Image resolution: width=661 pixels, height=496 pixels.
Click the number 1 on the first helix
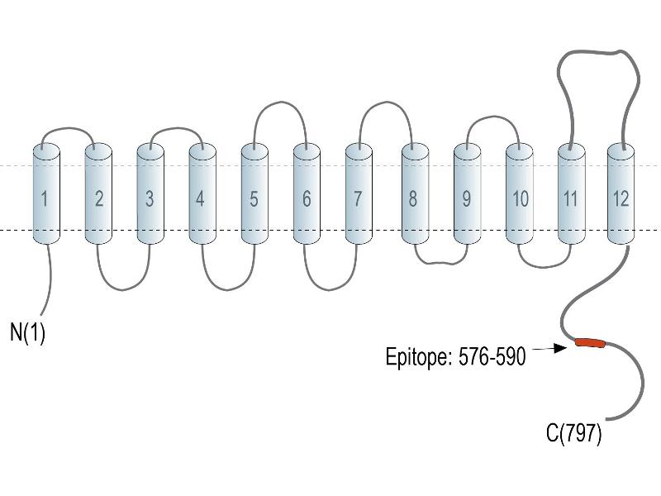pos(45,198)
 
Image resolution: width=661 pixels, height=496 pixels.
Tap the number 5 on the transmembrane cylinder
pos(254,198)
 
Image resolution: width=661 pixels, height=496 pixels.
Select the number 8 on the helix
pos(412,198)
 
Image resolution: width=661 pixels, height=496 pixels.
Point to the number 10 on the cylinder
pos(521,198)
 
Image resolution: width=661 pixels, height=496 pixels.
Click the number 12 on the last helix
pos(621,198)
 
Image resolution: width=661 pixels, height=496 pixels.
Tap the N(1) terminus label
pos(27,332)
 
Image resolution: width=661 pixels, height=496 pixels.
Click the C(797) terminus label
pos(573,433)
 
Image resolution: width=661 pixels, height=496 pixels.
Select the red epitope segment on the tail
pos(590,342)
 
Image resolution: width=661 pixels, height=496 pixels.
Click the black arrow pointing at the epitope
pos(549,348)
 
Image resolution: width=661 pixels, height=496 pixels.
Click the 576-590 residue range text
pos(492,356)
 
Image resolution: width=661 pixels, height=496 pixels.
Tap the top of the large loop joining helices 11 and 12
pos(598,52)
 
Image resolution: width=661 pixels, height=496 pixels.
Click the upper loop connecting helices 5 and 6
pos(280,102)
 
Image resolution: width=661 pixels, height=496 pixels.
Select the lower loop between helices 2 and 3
pos(122,290)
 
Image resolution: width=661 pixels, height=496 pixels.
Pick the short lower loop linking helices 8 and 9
pos(440,263)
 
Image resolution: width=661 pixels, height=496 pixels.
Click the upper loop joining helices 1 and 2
pos(68,128)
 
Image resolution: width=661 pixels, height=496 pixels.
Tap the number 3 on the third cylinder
pos(150,198)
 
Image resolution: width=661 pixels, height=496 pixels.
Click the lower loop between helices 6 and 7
pos(330,290)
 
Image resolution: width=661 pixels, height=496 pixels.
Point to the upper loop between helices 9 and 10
pos(493,117)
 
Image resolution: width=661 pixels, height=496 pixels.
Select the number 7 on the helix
pos(358,198)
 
